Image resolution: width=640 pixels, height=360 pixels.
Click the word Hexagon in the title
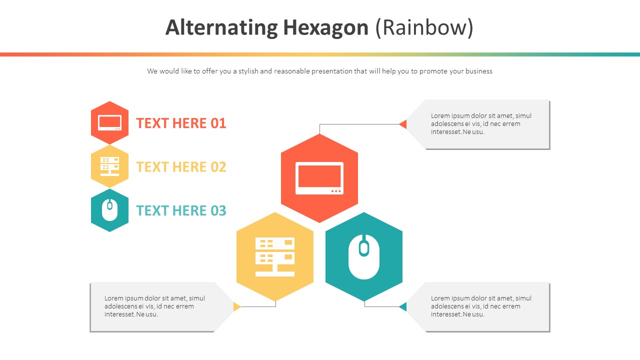click(325, 28)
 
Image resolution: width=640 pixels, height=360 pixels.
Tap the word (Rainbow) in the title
click(424, 28)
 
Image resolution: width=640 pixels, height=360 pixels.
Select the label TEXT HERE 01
click(181, 123)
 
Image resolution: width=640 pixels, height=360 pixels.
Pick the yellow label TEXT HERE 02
click(181, 166)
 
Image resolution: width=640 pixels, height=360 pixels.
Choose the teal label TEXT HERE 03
click(181, 210)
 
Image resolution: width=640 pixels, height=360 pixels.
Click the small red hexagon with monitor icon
click(109, 122)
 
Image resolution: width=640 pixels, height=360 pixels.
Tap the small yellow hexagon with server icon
click(109, 166)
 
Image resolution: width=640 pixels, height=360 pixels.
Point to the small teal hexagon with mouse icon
click(109, 210)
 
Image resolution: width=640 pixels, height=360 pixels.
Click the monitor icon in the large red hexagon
click(319, 178)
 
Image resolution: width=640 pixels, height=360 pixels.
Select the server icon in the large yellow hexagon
click(275, 257)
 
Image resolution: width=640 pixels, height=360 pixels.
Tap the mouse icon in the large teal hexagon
click(364, 257)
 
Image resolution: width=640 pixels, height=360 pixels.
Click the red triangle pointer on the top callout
click(403, 124)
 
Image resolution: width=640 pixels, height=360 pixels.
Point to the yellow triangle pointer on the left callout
click(237, 306)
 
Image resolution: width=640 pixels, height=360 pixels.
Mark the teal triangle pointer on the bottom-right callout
click(403, 306)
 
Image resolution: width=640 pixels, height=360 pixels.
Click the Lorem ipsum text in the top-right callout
click(481, 123)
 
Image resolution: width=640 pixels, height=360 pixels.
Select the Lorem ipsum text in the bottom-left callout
click(154, 306)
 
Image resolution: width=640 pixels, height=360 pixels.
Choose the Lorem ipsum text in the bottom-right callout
click(481, 306)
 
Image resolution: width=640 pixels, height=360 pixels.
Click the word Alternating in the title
click(221, 28)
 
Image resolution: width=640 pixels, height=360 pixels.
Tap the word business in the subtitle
click(478, 71)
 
